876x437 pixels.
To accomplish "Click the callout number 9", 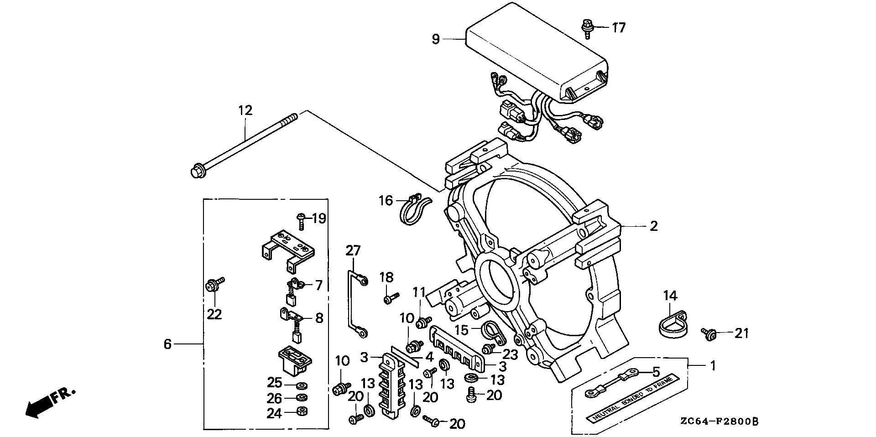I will point(436,40).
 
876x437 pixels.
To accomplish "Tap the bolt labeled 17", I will point(587,28).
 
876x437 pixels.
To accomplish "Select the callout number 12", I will point(245,110).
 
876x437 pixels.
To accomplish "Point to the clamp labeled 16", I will point(414,210).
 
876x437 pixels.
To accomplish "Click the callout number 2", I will point(654,226).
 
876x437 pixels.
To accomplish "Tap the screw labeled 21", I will point(709,335).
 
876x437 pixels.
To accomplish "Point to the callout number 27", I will point(353,250).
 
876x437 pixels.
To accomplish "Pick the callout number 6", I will point(167,343).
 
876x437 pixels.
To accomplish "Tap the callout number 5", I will point(656,372).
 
